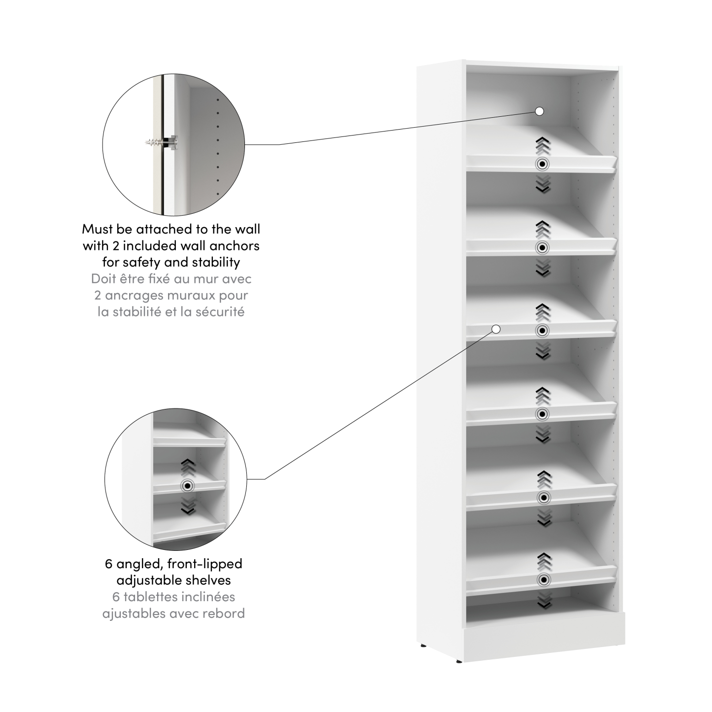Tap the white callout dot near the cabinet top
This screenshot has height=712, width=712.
pyautogui.click(x=539, y=111)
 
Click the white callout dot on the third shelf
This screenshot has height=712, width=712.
pyautogui.click(x=496, y=329)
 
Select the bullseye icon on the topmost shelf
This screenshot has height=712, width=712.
pyautogui.click(x=542, y=164)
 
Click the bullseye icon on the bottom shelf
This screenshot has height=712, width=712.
pyautogui.click(x=543, y=580)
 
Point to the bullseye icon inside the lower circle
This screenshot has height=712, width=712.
pyautogui.click(x=187, y=486)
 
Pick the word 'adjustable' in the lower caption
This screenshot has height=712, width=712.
pyautogui.click(x=148, y=580)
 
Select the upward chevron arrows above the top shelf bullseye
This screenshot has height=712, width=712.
pyautogui.click(x=542, y=145)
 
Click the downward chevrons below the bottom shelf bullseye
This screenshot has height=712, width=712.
pyautogui.click(x=543, y=600)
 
